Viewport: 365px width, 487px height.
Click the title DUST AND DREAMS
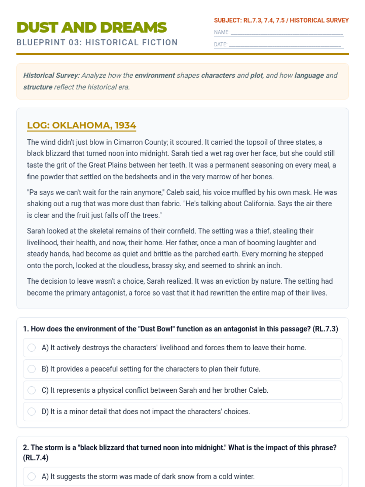92,27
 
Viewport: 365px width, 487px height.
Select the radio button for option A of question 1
32,348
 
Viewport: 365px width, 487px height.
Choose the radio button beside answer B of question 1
32,369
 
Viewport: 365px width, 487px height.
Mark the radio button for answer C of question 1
32,390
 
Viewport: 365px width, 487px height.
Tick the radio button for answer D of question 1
32,412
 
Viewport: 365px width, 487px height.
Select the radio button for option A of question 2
32,476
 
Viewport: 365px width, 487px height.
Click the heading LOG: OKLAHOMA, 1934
82,125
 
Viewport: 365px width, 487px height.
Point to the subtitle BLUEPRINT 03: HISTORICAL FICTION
97,42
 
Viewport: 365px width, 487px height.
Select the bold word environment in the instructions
155,75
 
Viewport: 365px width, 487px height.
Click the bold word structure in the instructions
38,87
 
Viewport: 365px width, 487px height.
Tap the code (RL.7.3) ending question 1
325,329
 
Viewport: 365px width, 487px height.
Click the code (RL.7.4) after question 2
36,458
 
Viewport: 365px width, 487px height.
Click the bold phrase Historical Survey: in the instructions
51,75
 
